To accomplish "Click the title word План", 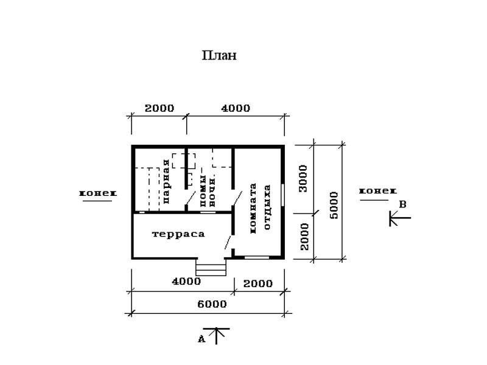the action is (219, 55).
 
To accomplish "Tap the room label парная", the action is (166, 181).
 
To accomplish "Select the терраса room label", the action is (178, 234).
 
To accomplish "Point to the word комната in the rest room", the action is (253, 208).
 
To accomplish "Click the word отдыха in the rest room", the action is (267, 207).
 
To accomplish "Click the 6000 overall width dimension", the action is (212, 304).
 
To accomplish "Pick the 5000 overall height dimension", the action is (334, 206).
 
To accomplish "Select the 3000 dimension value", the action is (303, 178).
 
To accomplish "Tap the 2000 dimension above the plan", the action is (159, 108).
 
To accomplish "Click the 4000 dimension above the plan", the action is (236, 108).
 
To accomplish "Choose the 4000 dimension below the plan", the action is (186, 282).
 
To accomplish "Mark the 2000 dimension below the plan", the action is (258, 283).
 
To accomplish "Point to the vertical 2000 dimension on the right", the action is (305, 237).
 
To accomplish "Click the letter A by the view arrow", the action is (201, 339).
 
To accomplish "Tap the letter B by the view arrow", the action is (402, 204).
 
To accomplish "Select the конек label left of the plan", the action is (98, 193).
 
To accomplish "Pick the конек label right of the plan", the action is (377, 191).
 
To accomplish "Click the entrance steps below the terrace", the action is (211, 267).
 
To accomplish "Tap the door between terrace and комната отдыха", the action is (228, 242).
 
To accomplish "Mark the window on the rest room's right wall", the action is (283, 195).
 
